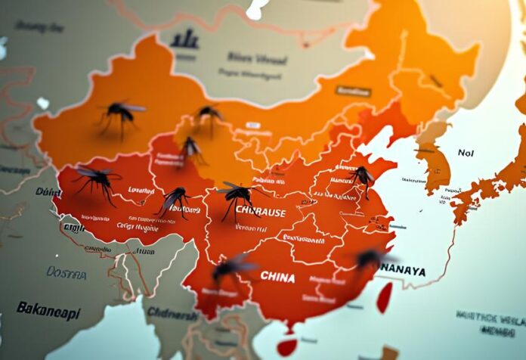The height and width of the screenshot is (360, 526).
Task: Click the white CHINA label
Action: point(277,278)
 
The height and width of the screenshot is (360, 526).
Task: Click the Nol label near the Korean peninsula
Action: point(466,153)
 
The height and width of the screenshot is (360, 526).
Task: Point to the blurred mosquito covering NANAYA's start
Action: point(370,259)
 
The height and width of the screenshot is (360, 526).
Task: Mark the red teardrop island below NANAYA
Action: point(385,296)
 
